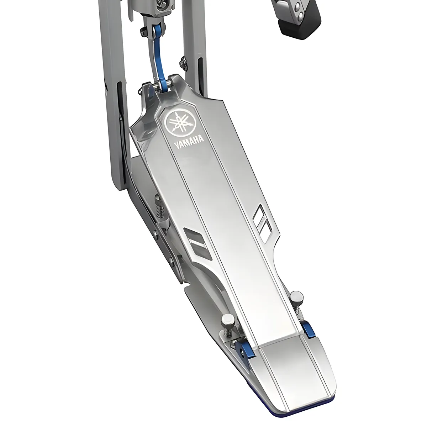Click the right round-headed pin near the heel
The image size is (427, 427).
296,296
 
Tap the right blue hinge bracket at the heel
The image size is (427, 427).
307,329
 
